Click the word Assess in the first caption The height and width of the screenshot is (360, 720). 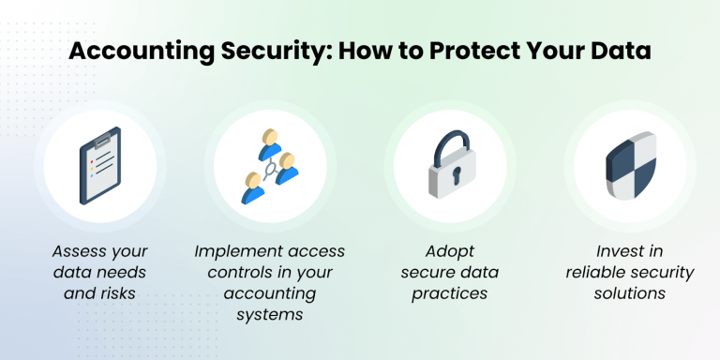pyautogui.click(x=76, y=251)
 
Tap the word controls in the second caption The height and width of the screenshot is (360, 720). pyautogui.click(x=230, y=272)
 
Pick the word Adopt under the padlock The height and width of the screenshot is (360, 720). pyautogui.click(x=449, y=251)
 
